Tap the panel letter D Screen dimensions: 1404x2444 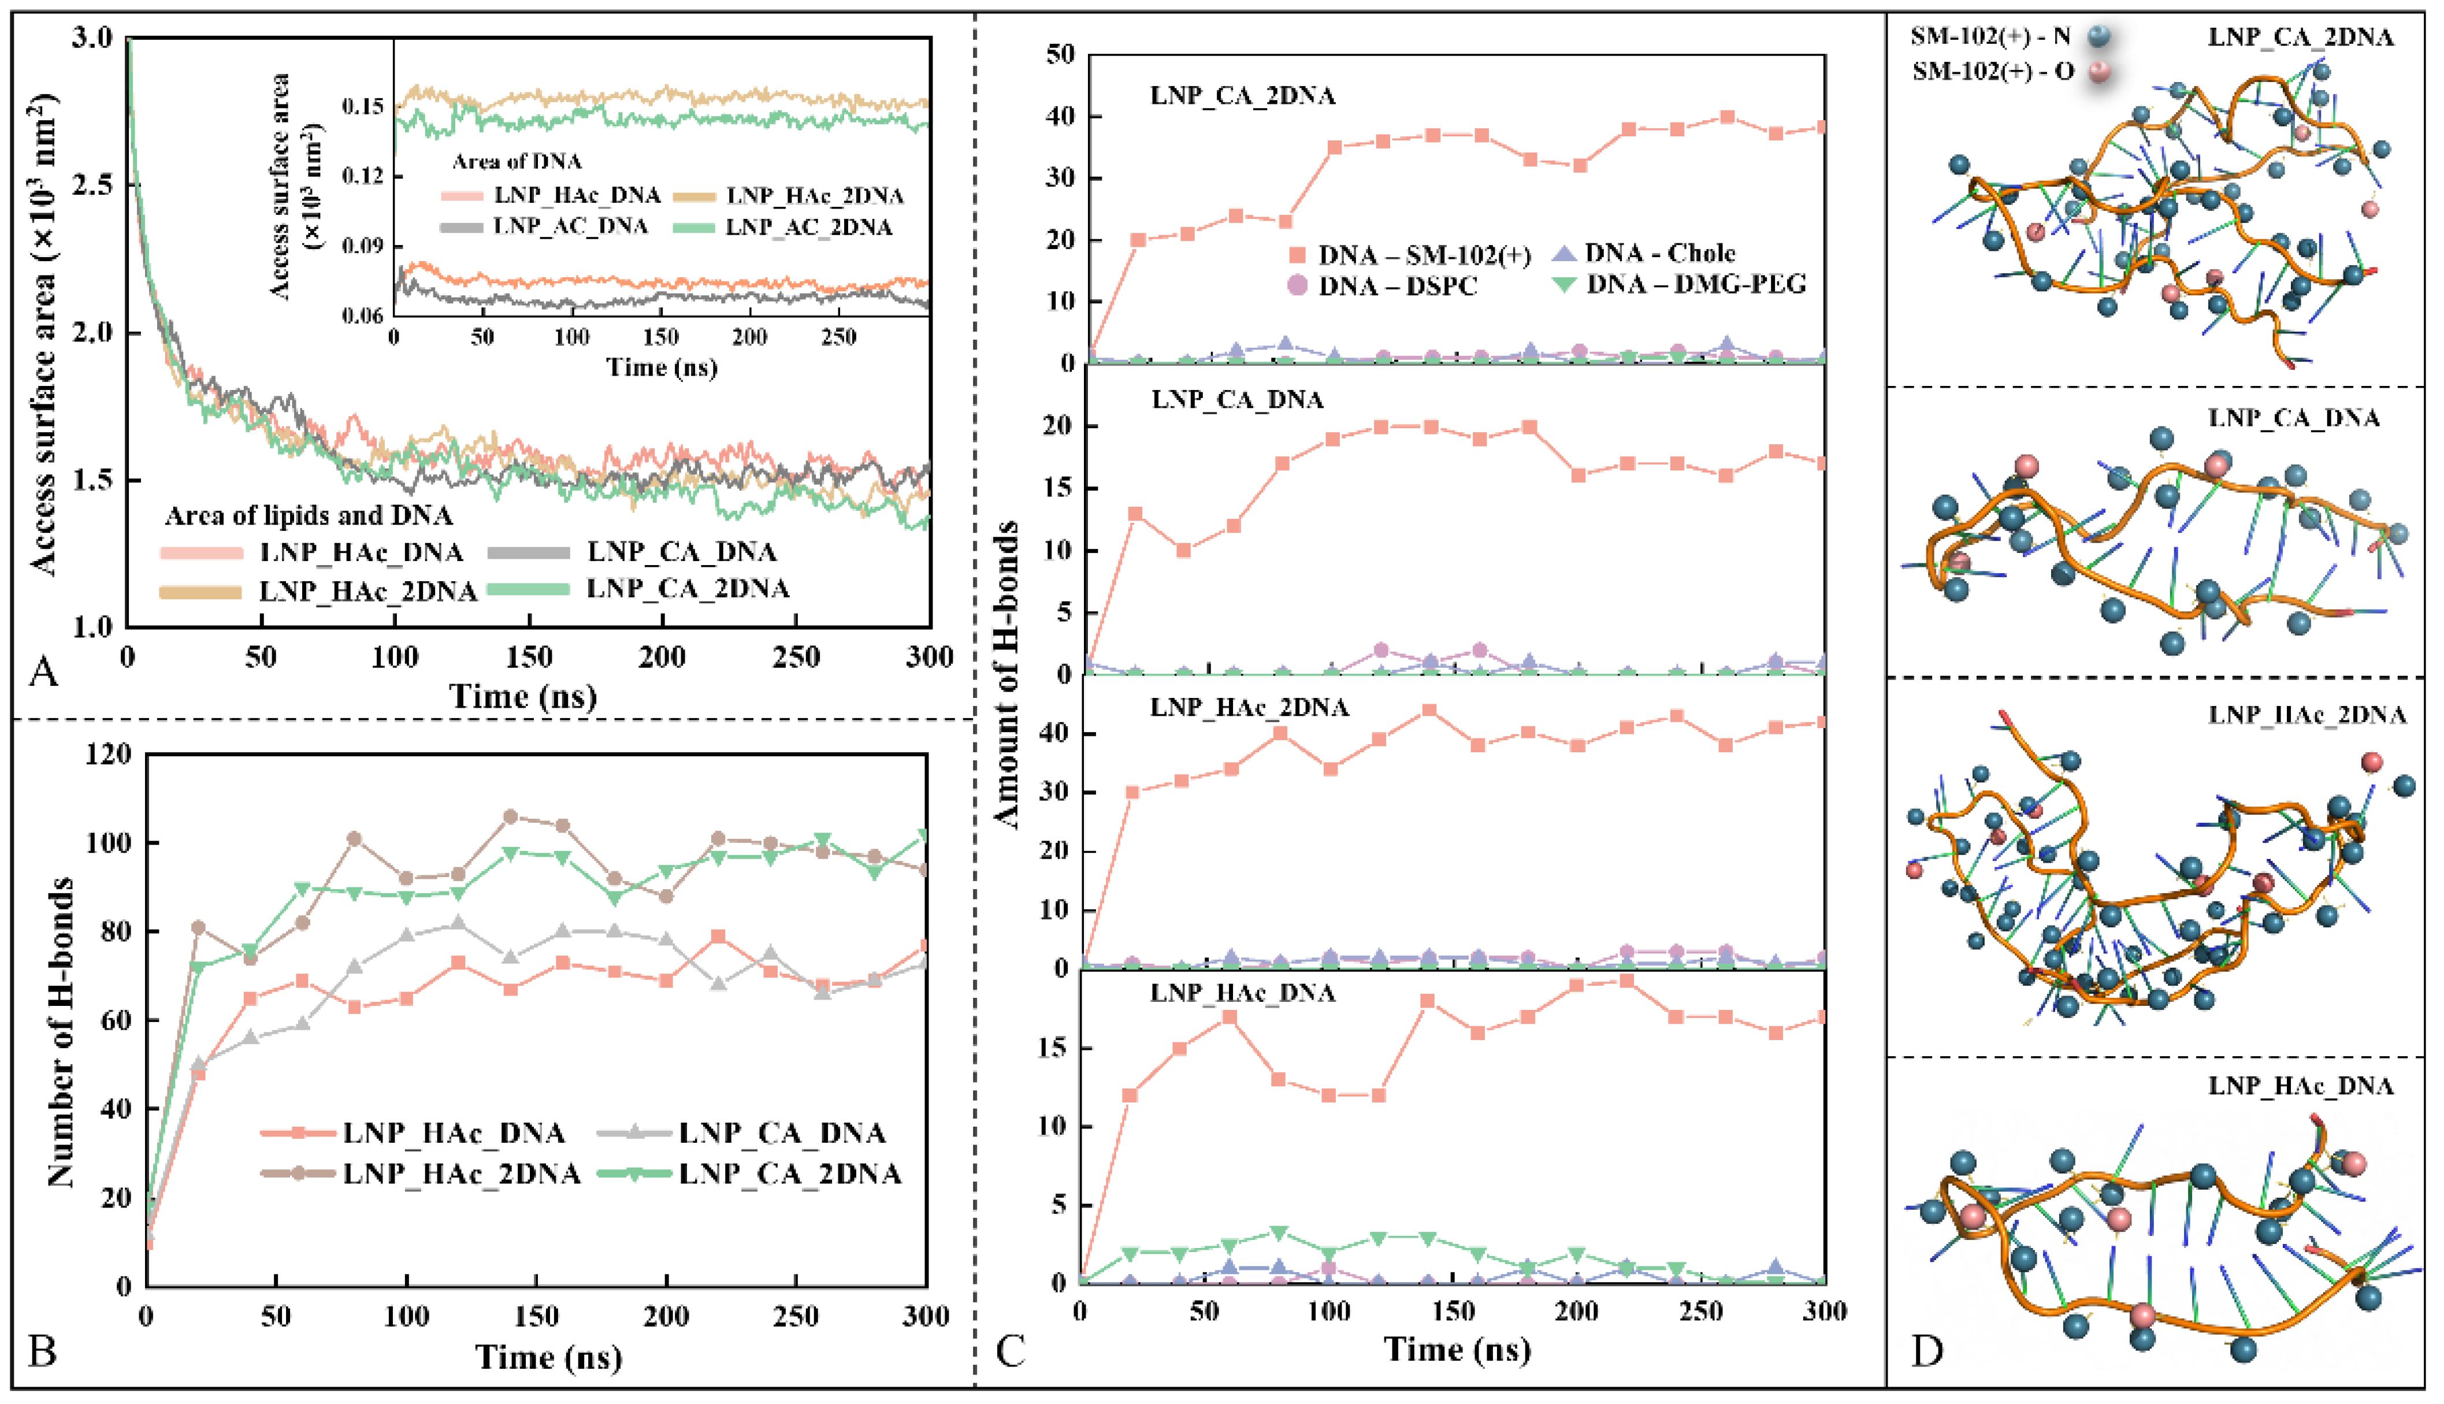pyautogui.click(x=1926, y=1351)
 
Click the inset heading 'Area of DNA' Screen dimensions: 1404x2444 pyautogui.click(x=517, y=162)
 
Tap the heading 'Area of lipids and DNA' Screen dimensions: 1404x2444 pyautogui.click(x=309, y=516)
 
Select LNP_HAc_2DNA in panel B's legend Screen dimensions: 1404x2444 pyautogui.click(x=461, y=1173)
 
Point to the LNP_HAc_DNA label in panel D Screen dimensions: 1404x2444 pyautogui.click(x=2300, y=1086)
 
